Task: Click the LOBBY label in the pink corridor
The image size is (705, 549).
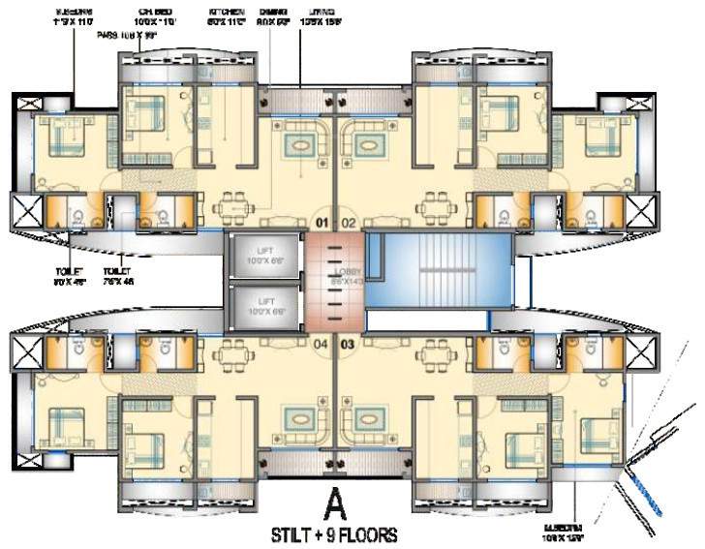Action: coord(346,274)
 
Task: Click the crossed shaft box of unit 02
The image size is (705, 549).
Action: coord(640,212)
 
